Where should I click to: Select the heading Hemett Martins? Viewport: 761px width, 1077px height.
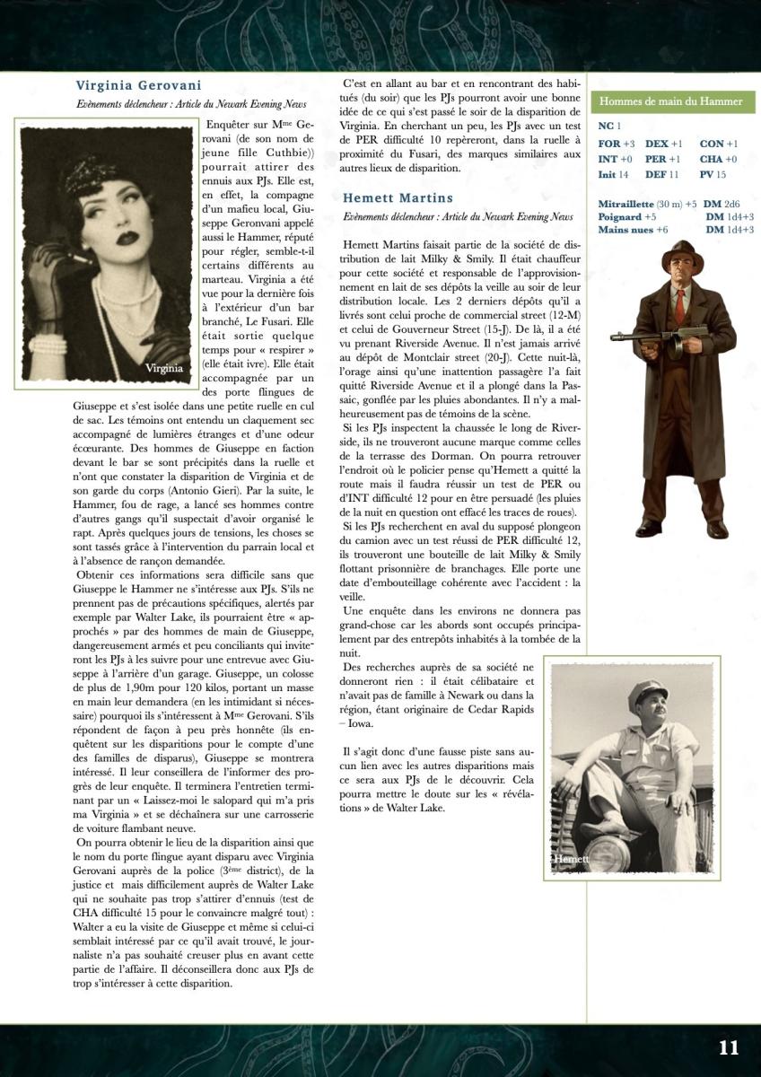(x=398, y=197)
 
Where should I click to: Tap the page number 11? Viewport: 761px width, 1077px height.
(x=728, y=1047)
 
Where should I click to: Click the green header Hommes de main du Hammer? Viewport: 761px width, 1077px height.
(x=670, y=101)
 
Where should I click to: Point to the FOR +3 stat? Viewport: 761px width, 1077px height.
(x=617, y=144)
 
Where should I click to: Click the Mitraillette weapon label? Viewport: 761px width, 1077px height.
(x=626, y=204)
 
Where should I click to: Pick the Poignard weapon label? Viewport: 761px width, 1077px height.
(x=620, y=216)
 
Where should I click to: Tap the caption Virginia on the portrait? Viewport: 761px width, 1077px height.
(x=164, y=368)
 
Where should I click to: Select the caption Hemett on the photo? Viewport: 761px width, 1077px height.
(x=571, y=860)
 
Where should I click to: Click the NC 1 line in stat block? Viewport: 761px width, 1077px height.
(x=609, y=127)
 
